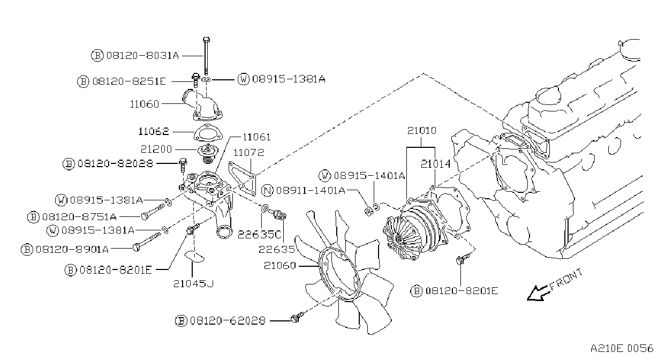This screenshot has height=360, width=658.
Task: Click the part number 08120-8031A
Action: pyautogui.click(x=142, y=55)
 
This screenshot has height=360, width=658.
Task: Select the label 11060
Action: pyautogui.click(x=144, y=104)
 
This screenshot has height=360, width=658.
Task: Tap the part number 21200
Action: pyautogui.click(x=156, y=149)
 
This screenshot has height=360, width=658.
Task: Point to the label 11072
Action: pyautogui.click(x=249, y=153)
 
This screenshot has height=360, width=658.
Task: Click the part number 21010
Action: pyautogui.click(x=422, y=131)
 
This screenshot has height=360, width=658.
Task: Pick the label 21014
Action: pyautogui.click(x=436, y=164)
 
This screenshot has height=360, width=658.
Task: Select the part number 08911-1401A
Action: pyautogui.click(x=311, y=190)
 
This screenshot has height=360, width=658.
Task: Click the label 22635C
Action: pyautogui.click(x=259, y=235)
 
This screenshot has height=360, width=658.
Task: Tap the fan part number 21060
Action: pyautogui.click(x=279, y=266)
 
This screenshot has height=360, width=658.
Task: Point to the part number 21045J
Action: pyautogui.click(x=194, y=283)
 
